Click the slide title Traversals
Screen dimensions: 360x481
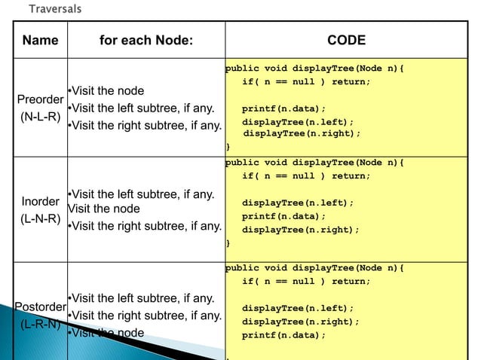tap(55, 8)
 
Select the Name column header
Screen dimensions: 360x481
tap(40, 41)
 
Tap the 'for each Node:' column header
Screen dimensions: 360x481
tap(146, 41)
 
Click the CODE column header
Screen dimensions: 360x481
tap(346, 41)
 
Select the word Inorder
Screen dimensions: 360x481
tap(40, 202)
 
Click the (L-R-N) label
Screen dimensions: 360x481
tap(40, 325)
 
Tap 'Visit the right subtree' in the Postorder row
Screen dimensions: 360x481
tap(145, 315)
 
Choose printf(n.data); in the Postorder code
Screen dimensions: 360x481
tap(283, 335)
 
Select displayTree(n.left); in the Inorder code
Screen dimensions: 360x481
tap(297, 203)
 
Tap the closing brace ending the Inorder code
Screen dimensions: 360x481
tap(228, 243)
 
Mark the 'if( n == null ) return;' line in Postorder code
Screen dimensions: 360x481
tap(306, 281)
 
